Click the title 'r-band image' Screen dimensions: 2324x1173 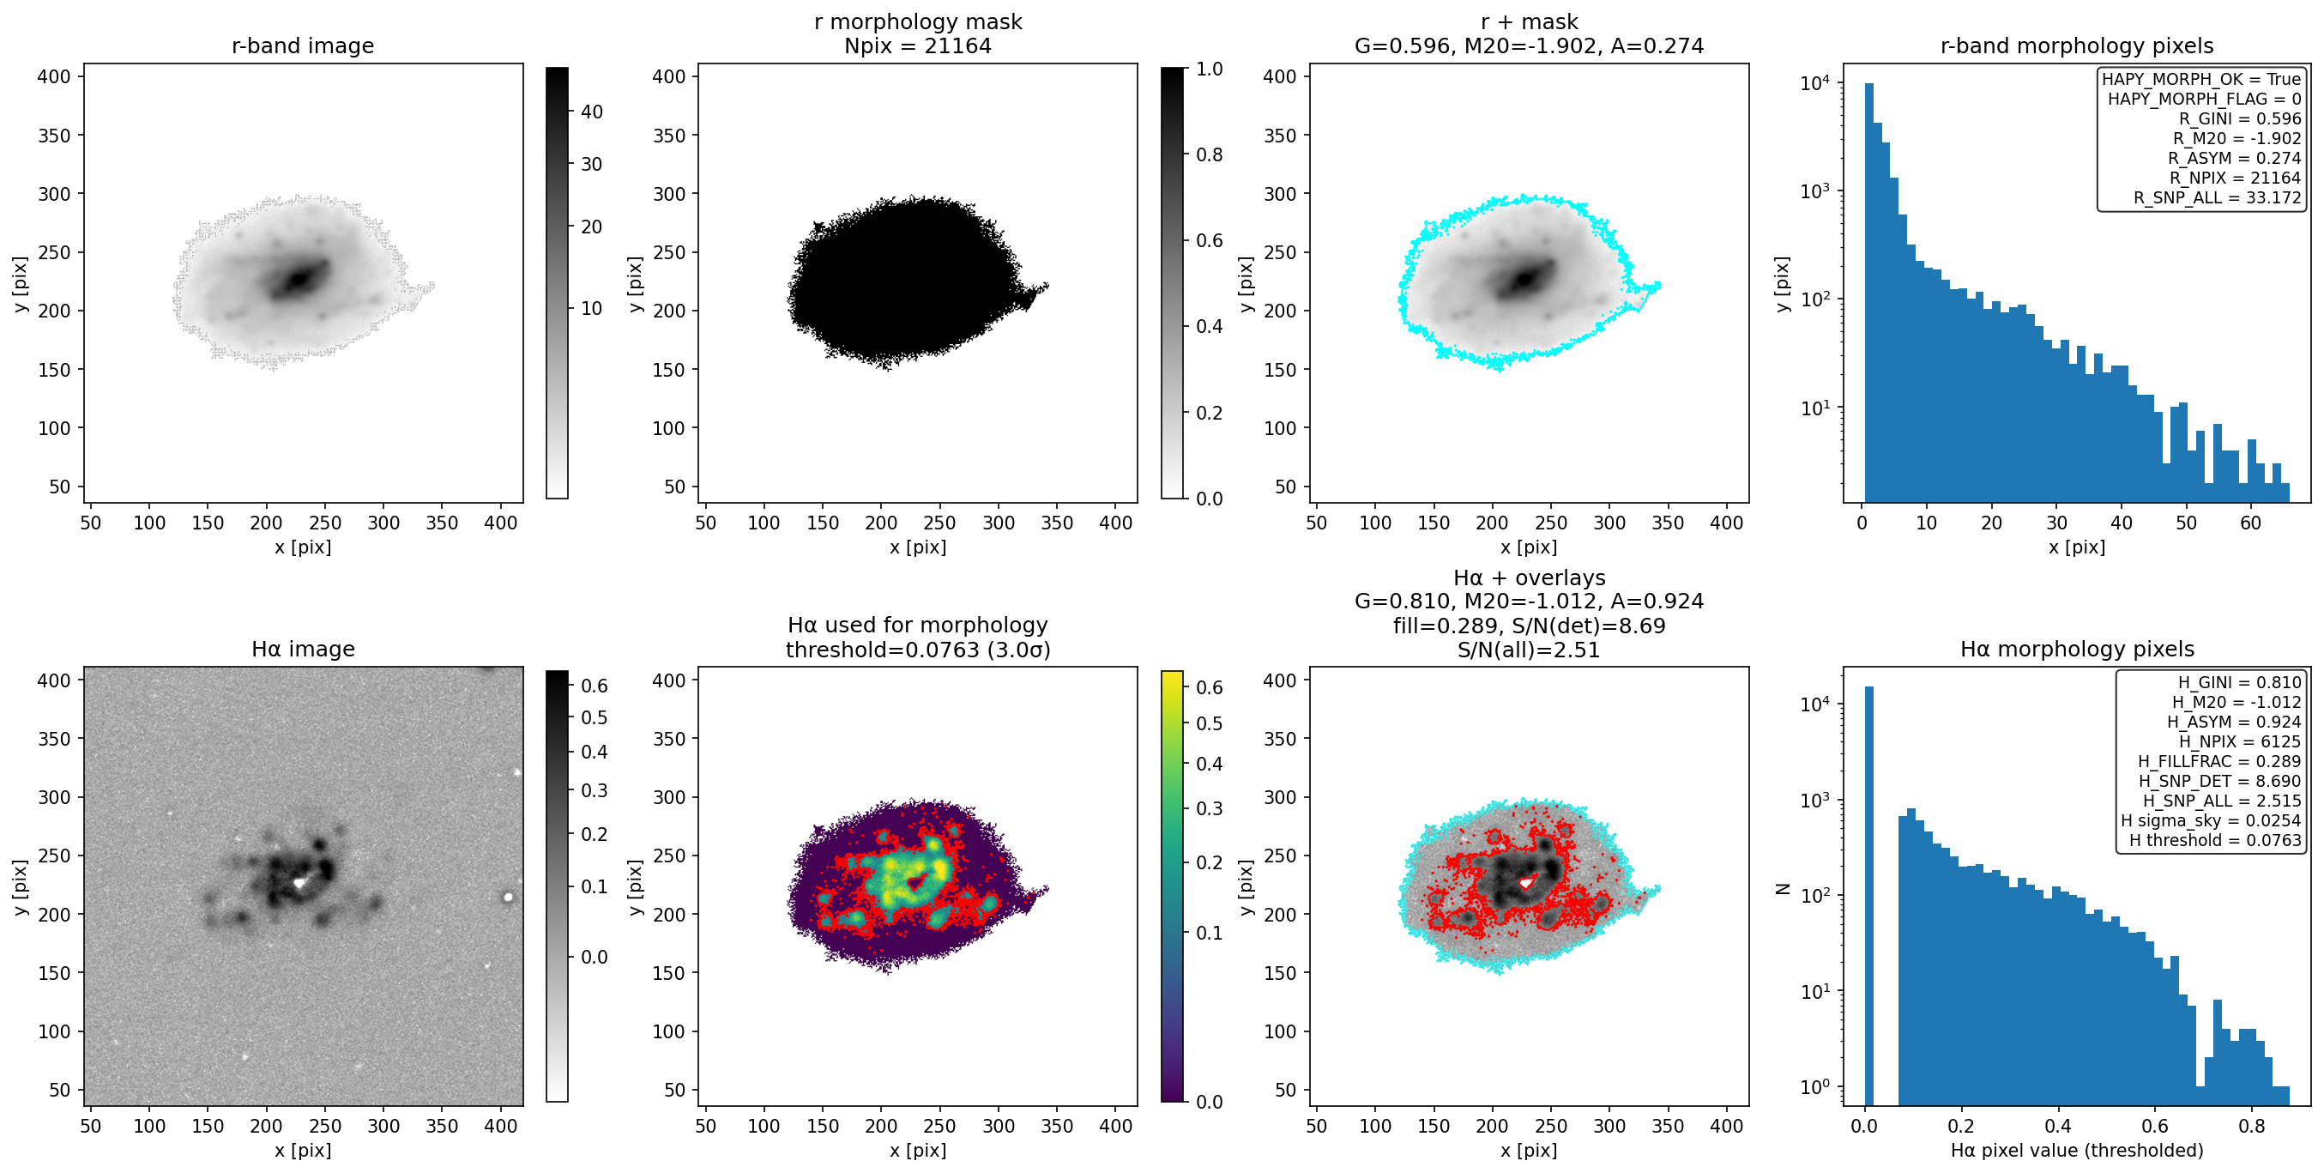click(302, 46)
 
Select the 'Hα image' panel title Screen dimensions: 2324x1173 click(302, 650)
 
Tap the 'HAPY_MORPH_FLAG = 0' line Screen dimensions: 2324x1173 click(2204, 100)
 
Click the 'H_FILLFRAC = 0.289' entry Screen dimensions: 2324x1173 click(2219, 761)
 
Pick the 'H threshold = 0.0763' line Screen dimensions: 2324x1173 click(2215, 841)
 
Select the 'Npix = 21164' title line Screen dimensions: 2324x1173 click(918, 46)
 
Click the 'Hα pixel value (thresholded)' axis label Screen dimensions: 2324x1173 click(2077, 1151)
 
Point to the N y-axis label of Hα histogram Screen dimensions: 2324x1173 click(1783, 888)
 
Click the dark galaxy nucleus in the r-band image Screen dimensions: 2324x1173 click(298, 281)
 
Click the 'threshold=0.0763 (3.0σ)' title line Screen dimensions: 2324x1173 click(918, 650)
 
